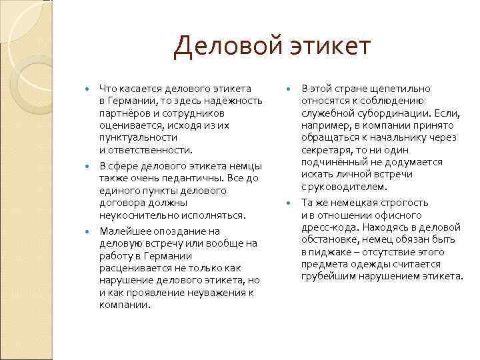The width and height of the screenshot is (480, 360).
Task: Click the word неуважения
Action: pyautogui.click(x=217, y=293)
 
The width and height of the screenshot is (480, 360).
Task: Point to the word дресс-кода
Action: pyautogui.click(x=327, y=227)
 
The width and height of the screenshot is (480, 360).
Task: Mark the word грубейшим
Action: pyautogui.click(x=328, y=276)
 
